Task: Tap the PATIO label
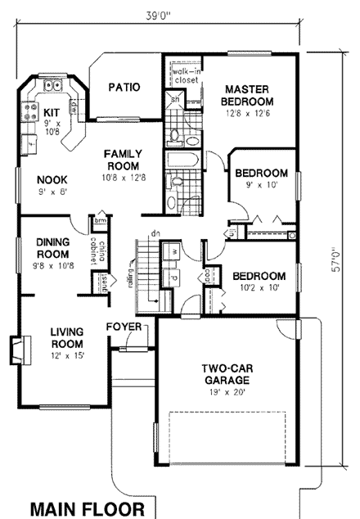coord(124,87)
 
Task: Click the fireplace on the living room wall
coord(18,350)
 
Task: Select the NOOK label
coord(52,180)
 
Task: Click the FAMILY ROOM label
coord(124,159)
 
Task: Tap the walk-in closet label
coord(187,77)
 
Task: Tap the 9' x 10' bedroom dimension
coord(260,186)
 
